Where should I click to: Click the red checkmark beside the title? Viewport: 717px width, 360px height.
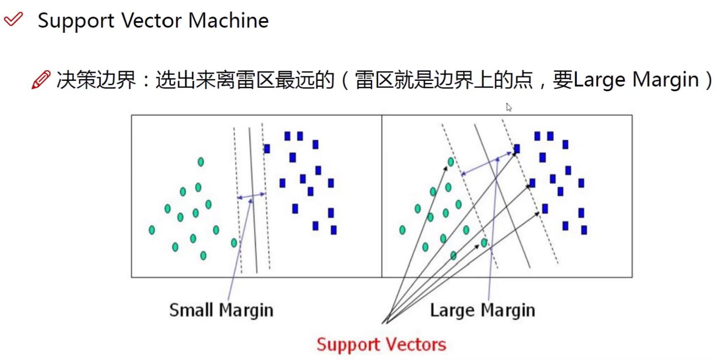[x=13, y=19]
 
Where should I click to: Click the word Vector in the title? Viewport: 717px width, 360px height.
[x=151, y=20]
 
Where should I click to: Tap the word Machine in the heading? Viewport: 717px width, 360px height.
[x=228, y=20]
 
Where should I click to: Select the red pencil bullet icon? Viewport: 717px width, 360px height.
[x=41, y=80]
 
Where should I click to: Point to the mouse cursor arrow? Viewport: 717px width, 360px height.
[x=508, y=107]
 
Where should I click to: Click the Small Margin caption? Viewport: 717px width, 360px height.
[x=221, y=310]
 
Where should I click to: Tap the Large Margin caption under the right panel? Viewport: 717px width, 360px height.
[x=482, y=310]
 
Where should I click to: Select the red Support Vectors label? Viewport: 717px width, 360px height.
[x=381, y=345]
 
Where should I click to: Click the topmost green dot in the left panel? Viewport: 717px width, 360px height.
[x=201, y=162]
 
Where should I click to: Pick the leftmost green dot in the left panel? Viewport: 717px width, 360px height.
[x=152, y=230]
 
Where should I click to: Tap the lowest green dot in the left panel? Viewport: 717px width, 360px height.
[x=203, y=255]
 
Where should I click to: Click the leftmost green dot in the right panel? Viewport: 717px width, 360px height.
[x=402, y=230]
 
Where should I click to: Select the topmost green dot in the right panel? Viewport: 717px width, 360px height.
[x=451, y=162]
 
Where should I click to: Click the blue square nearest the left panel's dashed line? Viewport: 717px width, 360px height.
[x=267, y=148]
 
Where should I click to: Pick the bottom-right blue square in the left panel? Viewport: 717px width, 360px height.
[x=333, y=230]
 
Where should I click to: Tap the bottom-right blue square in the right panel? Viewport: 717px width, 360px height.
[x=584, y=230]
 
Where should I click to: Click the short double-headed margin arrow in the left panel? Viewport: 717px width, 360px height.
[x=251, y=195]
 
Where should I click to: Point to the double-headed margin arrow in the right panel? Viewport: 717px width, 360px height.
[x=487, y=164]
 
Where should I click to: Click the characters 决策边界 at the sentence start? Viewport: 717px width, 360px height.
[x=96, y=80]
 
